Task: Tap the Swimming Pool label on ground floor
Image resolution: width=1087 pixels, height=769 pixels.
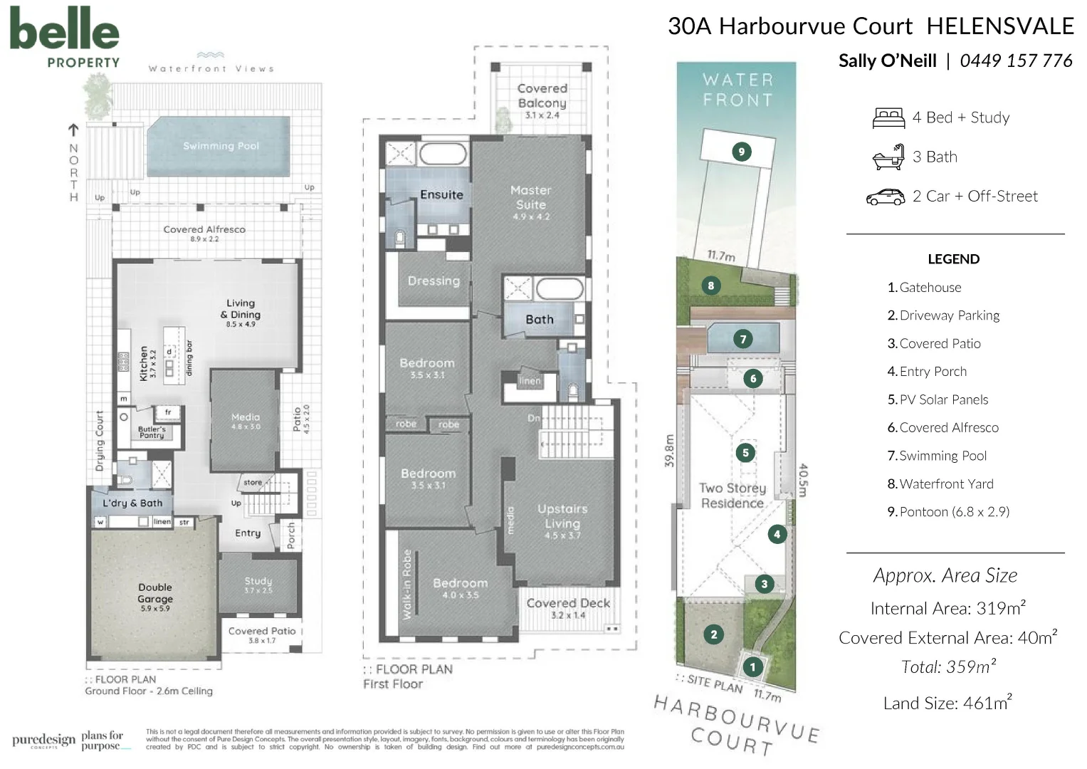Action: pyautogui.click(x=221, y=146)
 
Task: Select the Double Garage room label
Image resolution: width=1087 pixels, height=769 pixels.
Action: pyautogui.click(x=155, y=597)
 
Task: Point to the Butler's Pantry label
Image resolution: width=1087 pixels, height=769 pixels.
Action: pyautogui.click(x=152, y=432)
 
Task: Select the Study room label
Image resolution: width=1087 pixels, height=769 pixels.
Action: pyautogui.click(x=258, y=585)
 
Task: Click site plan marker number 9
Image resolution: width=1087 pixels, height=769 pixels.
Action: pyautogui.click(x=742, y=151)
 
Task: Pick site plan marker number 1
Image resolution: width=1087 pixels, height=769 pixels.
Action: pyautogui.click(x=752, y=667)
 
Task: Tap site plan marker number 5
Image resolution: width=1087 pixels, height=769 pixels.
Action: pyautogui.click(x=745, y=453)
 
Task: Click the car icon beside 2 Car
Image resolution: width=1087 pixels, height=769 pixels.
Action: pyautogui.click(x=885, y=197)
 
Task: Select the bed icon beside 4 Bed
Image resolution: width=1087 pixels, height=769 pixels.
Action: pyautogui.click(x=888, y=118)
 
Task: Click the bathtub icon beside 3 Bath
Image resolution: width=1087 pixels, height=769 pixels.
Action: pyautogui.click(x=888, y=157)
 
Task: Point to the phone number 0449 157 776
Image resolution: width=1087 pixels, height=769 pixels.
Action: pyautogui.click(x=1016, y=61)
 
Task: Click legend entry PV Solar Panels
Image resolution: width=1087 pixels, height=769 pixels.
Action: pyautogui.click(x=943, y=399)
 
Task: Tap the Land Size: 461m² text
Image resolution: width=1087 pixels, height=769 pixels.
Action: pyautogui.click(x=947, y=703)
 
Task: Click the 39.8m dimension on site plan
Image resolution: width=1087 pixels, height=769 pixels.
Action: pyautogui.click(x=668, y=451)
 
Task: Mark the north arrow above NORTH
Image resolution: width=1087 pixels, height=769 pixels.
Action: pyautogui.click(x=73, y=130)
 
